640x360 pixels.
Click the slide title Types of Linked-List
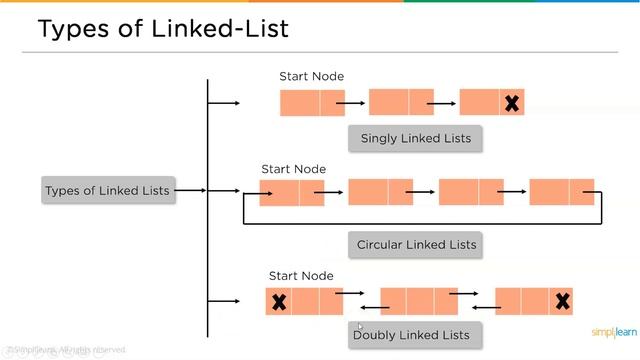162,29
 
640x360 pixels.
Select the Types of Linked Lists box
107,190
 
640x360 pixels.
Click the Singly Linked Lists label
415,138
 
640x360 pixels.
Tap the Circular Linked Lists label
417,244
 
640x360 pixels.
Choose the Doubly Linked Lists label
411,334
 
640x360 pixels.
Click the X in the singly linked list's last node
511,102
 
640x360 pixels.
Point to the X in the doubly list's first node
279,301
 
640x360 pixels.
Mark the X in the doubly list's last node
562,301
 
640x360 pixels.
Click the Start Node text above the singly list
312,76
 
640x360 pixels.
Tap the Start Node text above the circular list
294,169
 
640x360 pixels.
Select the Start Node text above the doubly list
301,276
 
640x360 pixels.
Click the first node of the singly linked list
312,102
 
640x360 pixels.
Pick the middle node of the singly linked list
401,102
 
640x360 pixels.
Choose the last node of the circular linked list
561,192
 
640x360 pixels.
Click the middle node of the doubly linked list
419,301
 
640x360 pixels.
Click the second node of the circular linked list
380,192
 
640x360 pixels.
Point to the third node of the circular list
471,192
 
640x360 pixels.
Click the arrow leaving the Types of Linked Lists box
191,190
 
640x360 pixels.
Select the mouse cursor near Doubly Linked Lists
360,326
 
